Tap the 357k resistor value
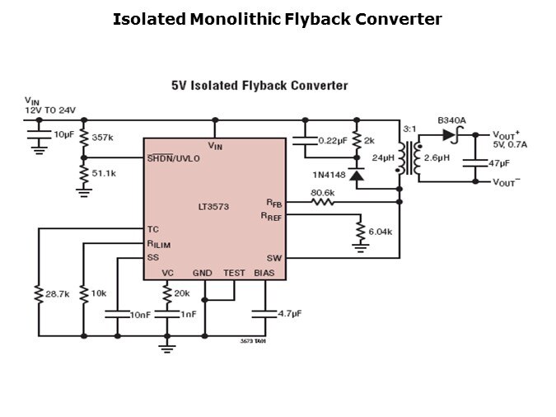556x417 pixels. click(103, 137)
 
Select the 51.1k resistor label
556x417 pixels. click(104, 174)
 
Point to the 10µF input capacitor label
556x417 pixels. click(64, 134)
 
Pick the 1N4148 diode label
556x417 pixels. click(328, 175)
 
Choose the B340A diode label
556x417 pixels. click(452, 120)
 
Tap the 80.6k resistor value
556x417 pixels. click(322, 193)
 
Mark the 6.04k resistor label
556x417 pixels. click(380, 232)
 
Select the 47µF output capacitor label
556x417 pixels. click(499, 164)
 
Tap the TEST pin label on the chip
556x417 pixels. click(234, 273)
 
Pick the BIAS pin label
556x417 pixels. click(264, 273)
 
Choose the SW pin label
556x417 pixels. click(273, 258)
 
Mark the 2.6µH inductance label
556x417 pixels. click(437, 157)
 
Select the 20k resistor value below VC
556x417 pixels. click(182, 293)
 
